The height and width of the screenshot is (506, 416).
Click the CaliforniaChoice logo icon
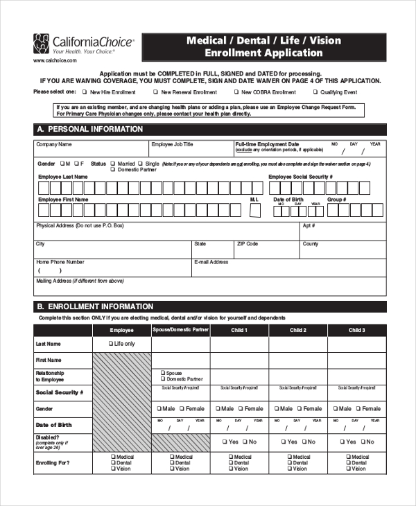[42, 44]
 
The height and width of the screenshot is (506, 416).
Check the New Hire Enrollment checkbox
[85, 92]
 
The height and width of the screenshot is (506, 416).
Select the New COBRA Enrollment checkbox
[236, 92]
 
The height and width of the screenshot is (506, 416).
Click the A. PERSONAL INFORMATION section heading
[89, 129]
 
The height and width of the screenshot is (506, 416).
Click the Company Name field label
[53, 145]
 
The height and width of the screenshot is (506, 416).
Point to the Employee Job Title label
[172, 145]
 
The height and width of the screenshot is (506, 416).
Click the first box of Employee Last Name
[43, 187]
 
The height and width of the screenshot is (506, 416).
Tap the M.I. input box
[254, 210]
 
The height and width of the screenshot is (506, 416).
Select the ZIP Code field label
[247, 244]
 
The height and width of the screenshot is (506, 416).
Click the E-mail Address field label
[211, 262]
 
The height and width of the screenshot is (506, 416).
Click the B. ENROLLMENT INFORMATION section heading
[94, 306]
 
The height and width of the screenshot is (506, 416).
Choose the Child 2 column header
[298, 331]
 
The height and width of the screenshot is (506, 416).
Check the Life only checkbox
[111, 344]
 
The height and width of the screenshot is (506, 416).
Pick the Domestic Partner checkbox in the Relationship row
[163, 379]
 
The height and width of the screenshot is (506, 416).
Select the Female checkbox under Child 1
[241, 409]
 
